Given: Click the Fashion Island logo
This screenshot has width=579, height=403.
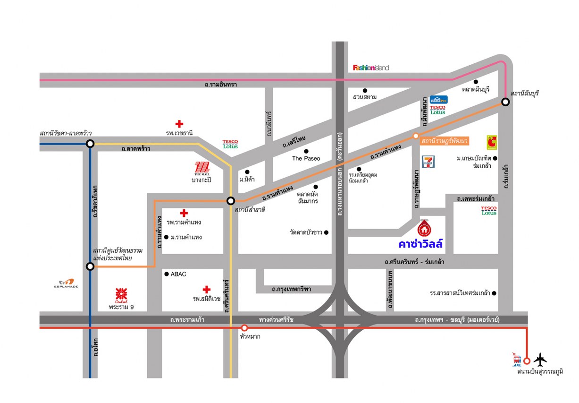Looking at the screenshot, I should [x=371, y=68].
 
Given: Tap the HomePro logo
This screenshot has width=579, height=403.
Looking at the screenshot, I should [x=438, y=100].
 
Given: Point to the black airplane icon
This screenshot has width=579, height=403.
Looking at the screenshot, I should [x=540, y=359].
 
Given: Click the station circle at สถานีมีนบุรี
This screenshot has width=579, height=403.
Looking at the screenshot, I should [x=505, y=102].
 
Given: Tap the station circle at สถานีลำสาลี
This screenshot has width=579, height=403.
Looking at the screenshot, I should [x=231, y=201].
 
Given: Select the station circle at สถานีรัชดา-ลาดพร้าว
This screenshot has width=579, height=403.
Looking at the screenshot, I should [x=90, y=144].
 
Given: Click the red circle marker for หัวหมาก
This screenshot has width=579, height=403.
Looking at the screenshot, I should [x=244, y=327].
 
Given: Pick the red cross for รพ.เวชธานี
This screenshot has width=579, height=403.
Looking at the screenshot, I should [x=179, y=124].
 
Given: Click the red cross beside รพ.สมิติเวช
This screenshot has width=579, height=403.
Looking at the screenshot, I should [x=206, y=289].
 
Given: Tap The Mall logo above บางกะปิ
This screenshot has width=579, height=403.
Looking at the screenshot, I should [x=201, y=169].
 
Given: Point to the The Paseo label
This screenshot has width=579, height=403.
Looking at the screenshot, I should [x=306, y=158].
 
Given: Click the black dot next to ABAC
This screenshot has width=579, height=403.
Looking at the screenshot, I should [x=166, y=274].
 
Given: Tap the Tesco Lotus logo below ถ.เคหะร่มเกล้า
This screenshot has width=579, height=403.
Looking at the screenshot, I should [x=489, y=211].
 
